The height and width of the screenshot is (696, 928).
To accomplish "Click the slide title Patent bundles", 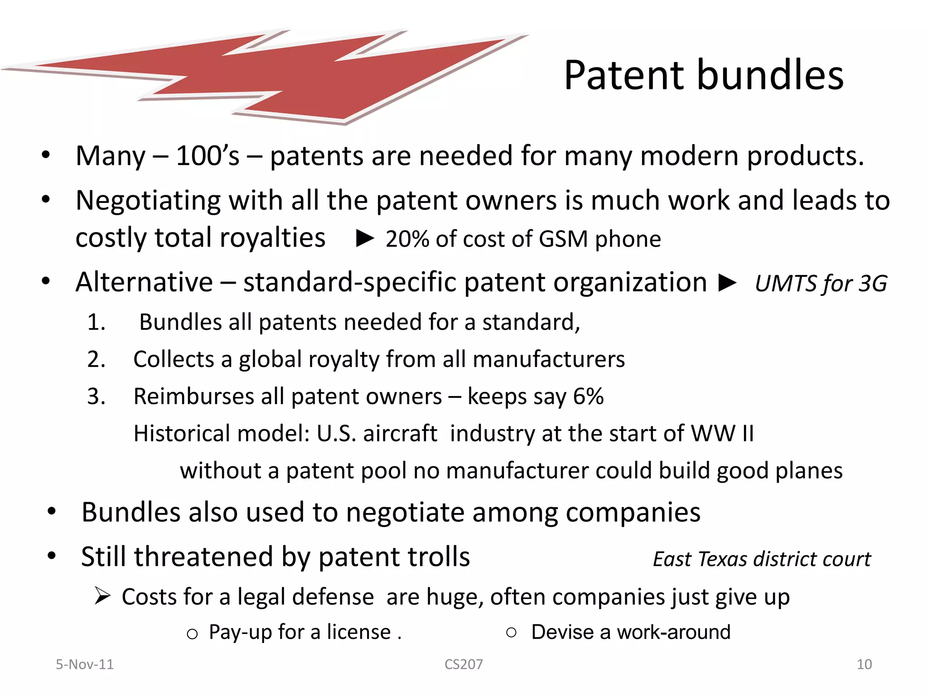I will click(x=703, y=75).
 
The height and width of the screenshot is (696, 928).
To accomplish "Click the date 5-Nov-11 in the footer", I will click(x=85, y=664).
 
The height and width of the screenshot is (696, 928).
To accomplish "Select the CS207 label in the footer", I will click(x=464, y=664).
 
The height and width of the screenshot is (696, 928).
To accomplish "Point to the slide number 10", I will click(x=864, y=664).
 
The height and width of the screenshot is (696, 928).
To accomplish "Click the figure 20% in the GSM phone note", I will click(x=407, y=239).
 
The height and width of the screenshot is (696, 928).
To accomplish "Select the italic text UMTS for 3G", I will click(x=821, y=284).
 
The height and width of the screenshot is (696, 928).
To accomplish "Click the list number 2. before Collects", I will click(x=96, y=359).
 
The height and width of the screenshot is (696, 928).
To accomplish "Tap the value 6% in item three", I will click(x=588, y=396).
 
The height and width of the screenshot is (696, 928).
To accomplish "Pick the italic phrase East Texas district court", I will click(x=762, y=559).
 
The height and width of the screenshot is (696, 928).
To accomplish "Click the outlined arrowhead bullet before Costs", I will click(x=102, y=595).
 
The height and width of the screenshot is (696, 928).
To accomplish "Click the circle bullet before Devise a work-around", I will click(x=511, y=632).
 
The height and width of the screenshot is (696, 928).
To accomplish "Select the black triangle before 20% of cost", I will click(x=365, y=238).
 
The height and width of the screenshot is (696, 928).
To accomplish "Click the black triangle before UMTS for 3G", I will click(x=728, y=283).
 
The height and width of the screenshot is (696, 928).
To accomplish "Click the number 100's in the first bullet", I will click(x=208, y=156).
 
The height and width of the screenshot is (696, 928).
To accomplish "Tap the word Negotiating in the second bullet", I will click(x=148, y=200).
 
